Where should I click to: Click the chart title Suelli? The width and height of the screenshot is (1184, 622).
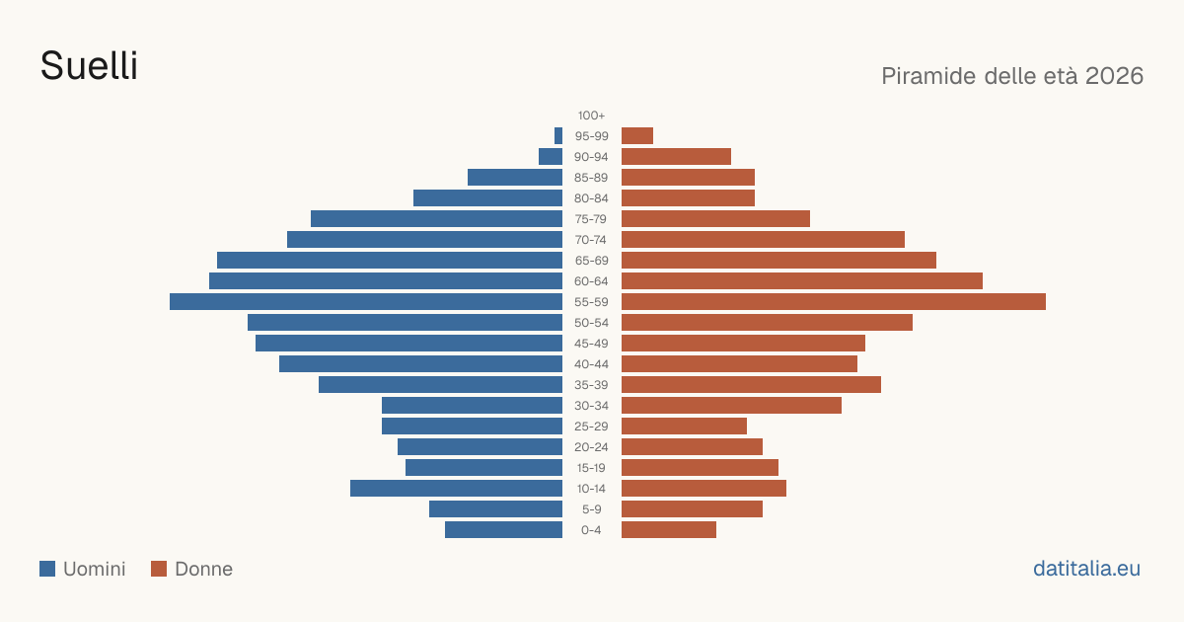pyautogui.click(x=89, y=65)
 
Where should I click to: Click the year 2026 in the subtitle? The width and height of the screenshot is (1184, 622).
pyautogui.click(x=1114, y=76)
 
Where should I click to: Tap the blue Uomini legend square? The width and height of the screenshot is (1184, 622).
pyautogui.click(x=47, y=569)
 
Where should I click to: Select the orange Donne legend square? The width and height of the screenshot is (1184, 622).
pyautogui.click(x=159, y=569)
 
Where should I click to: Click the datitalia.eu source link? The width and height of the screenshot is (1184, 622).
pyautogui.click(x=1086, y=569)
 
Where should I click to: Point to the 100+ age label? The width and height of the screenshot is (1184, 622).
pyautogui.click(x=591, y=116)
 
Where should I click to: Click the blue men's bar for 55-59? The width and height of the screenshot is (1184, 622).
pyautogui.click(x=366, y=301)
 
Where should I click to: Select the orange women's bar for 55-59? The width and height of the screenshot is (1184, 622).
pyautogui.click(x=834, y=301)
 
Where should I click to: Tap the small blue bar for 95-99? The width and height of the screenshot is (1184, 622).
pyautogui.click(x=558, y=136)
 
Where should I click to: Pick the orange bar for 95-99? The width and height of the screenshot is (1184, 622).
pyautogui.click(x=637, y=136)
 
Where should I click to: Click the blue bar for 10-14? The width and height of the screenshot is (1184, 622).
pyautogui.click(x=456, y=488)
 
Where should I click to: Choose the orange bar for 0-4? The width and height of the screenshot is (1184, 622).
pyautogui.click(x=669, y=529)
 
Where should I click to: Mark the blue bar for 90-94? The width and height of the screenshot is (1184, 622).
pyautogui.click(x=551, y=157)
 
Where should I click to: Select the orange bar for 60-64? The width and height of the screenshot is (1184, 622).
pyautogui.click(x=802, y=280)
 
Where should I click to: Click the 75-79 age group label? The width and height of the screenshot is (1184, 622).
pyautogui.click(x=591, y=219)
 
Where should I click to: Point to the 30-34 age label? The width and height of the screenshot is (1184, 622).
pyautogui.click(x=591, y=406)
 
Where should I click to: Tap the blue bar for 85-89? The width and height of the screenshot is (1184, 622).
pyautogui.click(x=515, y=177)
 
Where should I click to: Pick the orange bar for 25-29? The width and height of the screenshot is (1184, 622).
pyautogui.click(x=684, y=427)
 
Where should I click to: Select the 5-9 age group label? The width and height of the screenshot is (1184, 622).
pyautogui.click(x=591, y=509)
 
